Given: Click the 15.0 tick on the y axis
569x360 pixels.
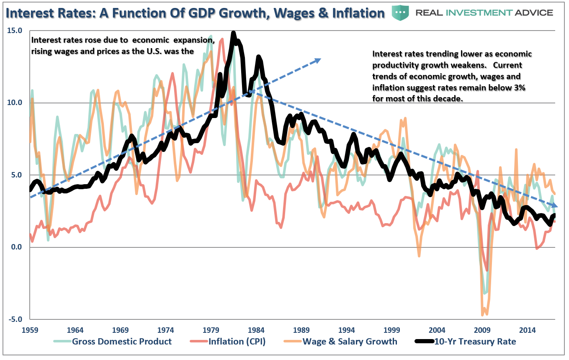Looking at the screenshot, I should click(x=15, y=31).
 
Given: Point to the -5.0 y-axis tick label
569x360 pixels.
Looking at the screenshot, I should click(x=15, y=319).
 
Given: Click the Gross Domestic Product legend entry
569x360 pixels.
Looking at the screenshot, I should click(x=121, y=342).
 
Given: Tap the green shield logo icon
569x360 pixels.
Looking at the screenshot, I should click(x=400, y=13).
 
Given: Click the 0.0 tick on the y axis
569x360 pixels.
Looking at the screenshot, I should click(x=17, y=247).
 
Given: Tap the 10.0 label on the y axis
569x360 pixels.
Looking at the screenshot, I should click(x=15, y=103).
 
